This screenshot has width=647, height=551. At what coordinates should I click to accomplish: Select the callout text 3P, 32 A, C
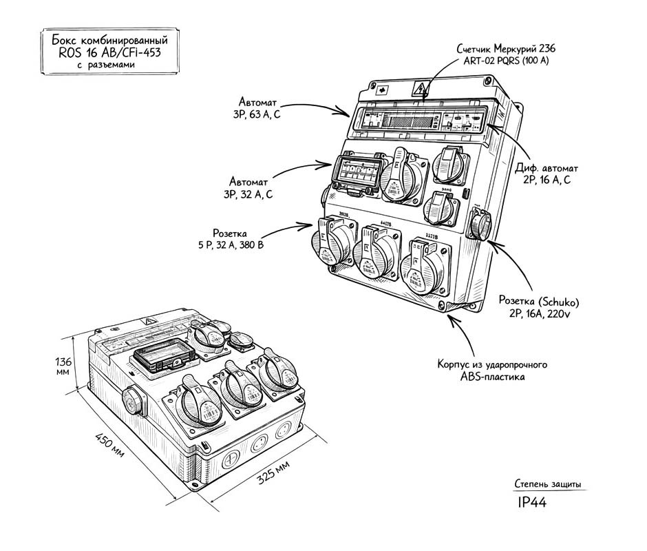coord(247,195)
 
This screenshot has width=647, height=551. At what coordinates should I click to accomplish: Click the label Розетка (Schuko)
coord(539,301)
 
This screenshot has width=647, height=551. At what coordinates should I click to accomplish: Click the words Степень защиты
coord(547,484)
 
